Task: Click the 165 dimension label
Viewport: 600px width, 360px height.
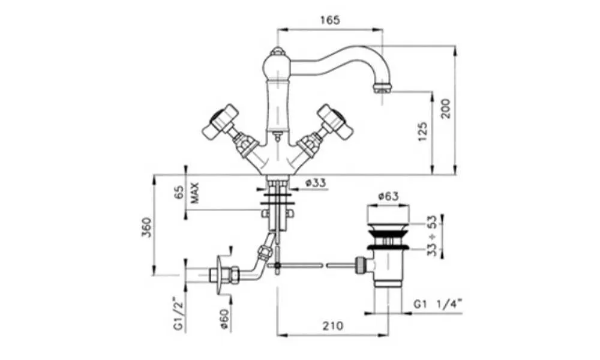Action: click(x=330, y=20)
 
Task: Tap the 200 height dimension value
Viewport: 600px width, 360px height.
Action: click(x=446, y=108)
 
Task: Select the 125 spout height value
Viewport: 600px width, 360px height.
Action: click(x=422, y=131)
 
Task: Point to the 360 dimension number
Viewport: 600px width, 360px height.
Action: click(x=146, y=227)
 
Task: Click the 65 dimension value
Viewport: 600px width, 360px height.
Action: click(x=179, y=193)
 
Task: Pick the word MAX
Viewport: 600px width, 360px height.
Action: click(x=195, y=193)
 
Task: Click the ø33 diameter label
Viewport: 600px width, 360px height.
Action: click(x=316, y=183)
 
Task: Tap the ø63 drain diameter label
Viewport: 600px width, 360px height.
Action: click(x=388, y=196)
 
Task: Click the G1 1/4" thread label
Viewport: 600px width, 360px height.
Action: click(x=438, y=304)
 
